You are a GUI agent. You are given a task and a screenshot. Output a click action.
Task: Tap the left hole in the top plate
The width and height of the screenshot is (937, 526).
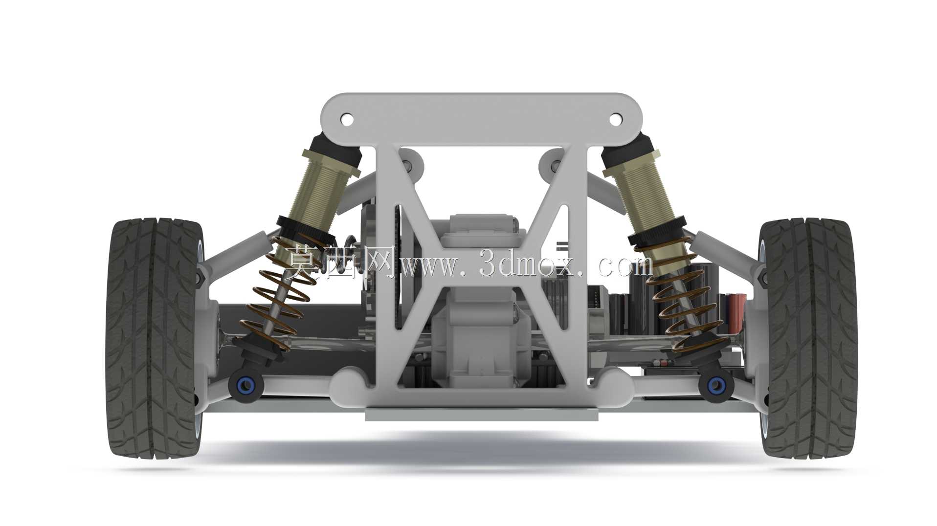(347, 119)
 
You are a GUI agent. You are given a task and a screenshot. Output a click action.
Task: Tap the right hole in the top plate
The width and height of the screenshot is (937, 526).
(615, 119)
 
